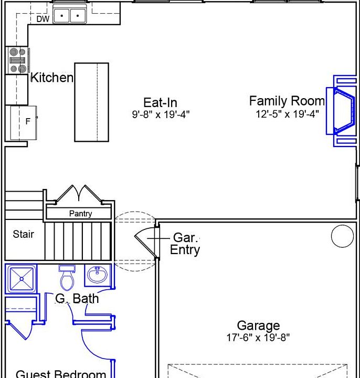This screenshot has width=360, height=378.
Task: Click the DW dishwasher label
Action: click(x=43, y=19)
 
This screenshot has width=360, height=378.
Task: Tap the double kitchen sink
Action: click(x=70, y=14)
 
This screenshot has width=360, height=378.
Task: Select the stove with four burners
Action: click(x=17, y=60)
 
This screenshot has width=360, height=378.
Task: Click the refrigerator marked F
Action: click(x=24, y=123)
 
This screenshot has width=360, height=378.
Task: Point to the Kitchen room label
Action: click(x=52, y=78)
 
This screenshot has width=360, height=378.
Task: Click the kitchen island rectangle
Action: click(x=91, y=102)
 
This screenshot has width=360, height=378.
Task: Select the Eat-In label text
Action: click(x=160, y=103)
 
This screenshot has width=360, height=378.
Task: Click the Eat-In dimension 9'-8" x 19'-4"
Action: click(x=161, y=114)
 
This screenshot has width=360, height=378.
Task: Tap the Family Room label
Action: click(x=287, y=101)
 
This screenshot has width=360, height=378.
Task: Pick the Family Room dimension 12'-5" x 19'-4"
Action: click(x=287, y=114)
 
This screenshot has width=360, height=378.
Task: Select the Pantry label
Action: click(x=80, y=214)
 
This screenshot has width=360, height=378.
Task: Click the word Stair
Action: click(x=24, y=234)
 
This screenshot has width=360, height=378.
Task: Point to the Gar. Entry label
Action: click(x=185, y=244)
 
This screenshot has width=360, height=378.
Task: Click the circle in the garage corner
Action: click(x=342, y=236)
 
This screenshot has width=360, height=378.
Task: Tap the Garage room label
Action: click(x=258, y=325)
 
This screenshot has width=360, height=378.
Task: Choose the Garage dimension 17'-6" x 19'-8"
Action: click(x=258, y=338)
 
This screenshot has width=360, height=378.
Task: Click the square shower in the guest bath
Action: click(x=22, y=279)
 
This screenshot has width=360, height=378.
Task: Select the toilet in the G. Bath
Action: click(x=67, y=278)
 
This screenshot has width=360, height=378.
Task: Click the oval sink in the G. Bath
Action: click(x=98, y=275)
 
